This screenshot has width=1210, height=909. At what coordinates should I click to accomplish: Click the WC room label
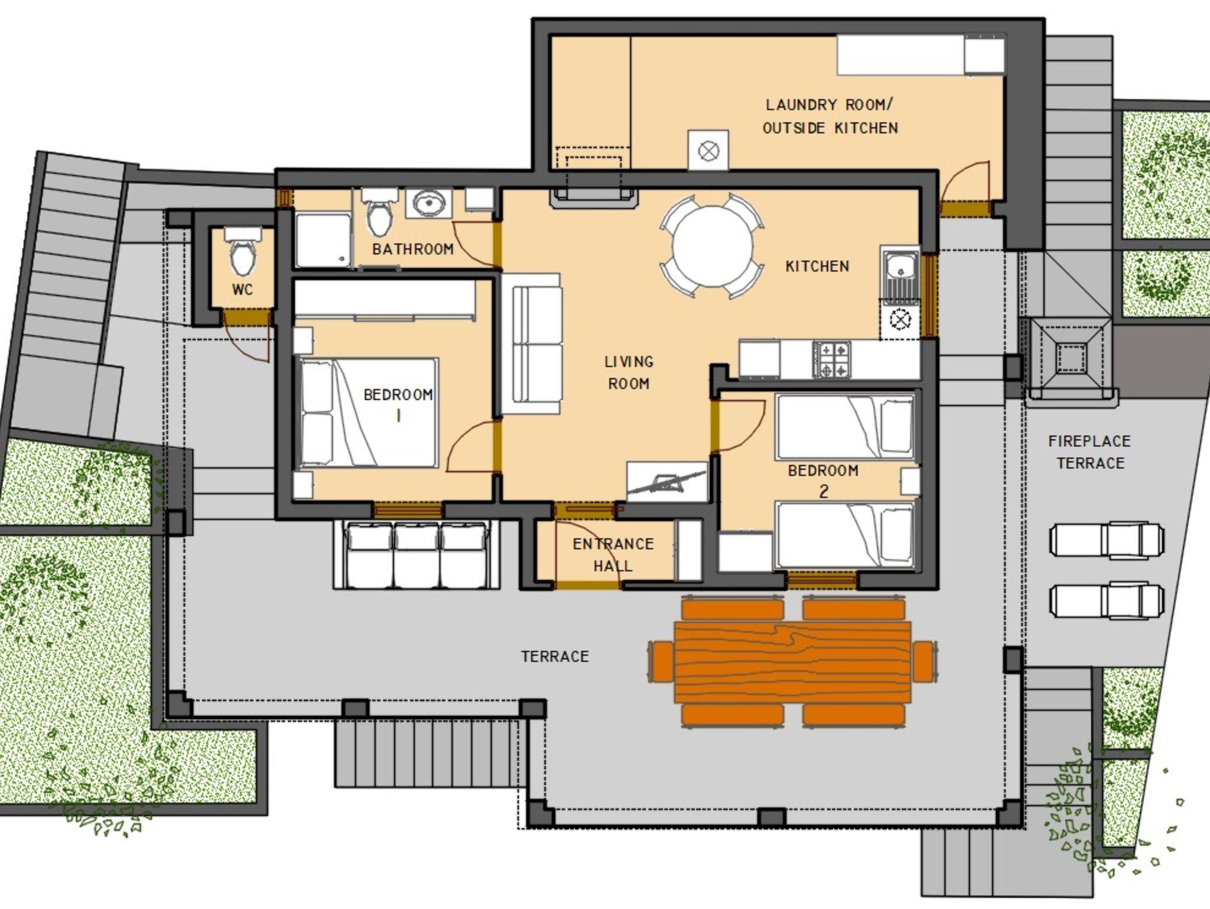click(242, 290)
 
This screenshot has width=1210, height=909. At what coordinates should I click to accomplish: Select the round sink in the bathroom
click(428, 204)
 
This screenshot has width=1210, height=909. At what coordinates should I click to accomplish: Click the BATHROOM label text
click(413, 249)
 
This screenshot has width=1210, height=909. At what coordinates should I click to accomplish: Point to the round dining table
click(713, 246)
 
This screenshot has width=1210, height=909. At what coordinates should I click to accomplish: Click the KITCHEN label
click(817, 267)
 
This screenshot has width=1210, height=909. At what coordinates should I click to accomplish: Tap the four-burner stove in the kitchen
click(832, 359)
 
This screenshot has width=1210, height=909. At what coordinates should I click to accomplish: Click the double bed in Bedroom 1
click(368, 413)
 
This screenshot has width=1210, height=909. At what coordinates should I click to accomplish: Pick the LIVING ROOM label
click(629, 372)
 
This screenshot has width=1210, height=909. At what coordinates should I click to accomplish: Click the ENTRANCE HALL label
click(613, 554)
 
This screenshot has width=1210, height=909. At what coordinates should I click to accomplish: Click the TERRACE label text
click(555, 657)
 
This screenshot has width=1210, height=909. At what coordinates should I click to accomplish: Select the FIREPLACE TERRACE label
click(1090, 452)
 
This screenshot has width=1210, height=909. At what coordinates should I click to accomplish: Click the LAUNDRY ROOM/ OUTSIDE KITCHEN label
click(830, 116)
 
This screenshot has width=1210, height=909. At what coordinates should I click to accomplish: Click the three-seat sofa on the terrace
click(417, 555)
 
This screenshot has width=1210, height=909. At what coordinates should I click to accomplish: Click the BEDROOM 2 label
click(823, 481)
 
